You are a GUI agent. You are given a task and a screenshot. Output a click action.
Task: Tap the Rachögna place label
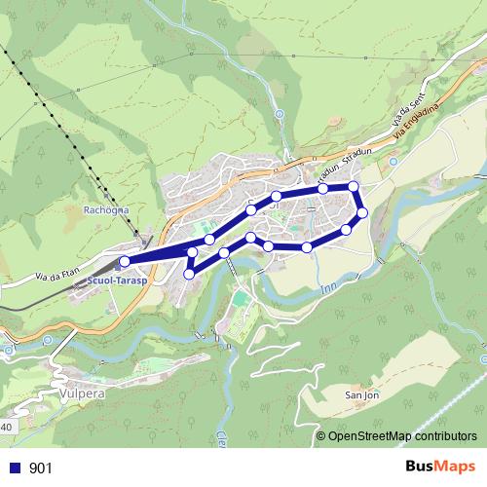point(105,209)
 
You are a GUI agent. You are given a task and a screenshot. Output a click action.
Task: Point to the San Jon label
point(362,395)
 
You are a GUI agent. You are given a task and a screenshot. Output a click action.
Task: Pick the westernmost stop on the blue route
point(124,261)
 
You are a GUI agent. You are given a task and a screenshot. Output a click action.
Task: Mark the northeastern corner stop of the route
point(354,186)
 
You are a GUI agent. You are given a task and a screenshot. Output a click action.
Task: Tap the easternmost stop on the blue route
point(361,212)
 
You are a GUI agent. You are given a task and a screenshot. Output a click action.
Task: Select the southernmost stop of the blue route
point(188,274)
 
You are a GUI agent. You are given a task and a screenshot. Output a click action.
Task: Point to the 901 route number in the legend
point(40,468)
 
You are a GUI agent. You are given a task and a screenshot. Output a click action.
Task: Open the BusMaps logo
point(441,467)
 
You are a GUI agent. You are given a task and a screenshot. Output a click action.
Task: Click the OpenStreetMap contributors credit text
point(402,437)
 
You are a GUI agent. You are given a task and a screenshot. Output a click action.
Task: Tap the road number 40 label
point(6,427)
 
